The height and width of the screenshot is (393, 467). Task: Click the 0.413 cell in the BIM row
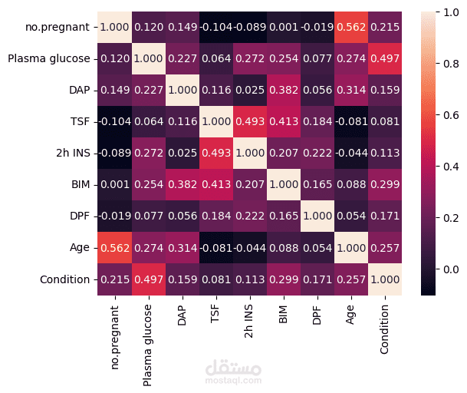(x=217, y=184)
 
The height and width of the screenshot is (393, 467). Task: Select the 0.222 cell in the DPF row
(x=251, y=216)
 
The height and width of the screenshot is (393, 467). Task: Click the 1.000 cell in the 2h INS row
(x=251, y=153)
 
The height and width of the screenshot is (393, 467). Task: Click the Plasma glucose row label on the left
(x=48, y=58)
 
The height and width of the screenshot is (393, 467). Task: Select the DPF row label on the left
(x=78, y=216)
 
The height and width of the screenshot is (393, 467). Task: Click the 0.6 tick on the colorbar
(x=446, y=115)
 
